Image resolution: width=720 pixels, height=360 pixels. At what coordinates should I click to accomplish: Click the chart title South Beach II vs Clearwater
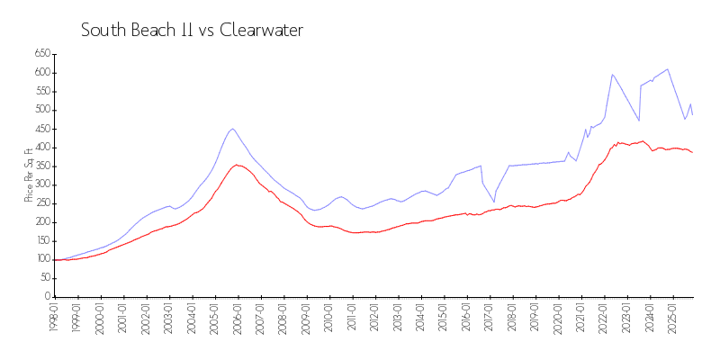tap(192, 30)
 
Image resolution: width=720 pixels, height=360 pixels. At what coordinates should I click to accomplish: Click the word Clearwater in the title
tap(261, 30)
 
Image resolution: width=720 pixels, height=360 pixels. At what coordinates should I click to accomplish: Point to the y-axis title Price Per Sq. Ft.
tap(30, 175)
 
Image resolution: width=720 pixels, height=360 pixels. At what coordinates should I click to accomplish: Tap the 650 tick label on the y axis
tap(41, 54)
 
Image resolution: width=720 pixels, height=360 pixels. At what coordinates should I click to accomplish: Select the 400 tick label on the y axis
tap(41, 148)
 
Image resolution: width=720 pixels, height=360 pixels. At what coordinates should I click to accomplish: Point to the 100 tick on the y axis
tap(41, 259)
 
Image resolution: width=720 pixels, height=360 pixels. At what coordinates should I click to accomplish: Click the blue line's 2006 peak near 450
tap(232, 129)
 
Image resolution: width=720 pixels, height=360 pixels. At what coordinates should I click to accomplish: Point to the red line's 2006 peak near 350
tap(237, 165)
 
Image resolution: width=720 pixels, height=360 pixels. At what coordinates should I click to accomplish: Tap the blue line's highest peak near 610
tap(667, 69)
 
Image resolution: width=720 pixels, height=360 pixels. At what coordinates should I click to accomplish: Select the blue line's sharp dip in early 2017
tap(493, 201)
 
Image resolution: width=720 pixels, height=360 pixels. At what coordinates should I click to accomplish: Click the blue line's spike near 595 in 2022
tap(612, 75)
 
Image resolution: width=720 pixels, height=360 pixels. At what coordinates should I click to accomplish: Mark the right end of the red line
tap(692, 152)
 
